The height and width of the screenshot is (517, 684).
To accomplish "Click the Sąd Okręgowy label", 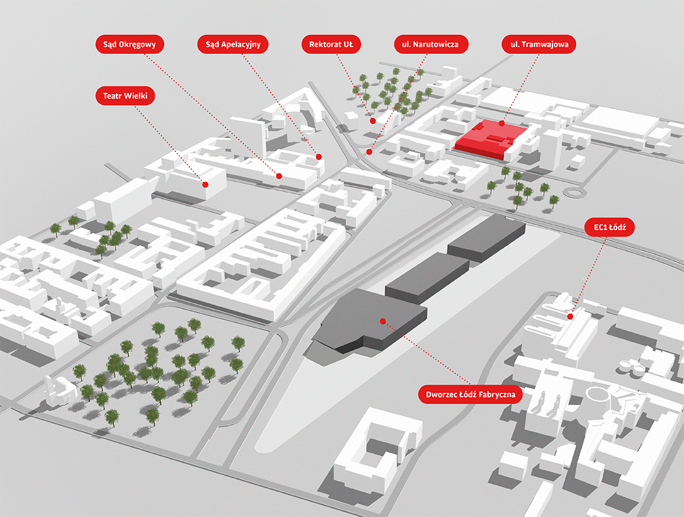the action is coord(130,44).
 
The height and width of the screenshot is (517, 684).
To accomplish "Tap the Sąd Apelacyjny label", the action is coord(233,44).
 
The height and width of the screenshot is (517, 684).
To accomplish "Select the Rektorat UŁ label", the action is coord(331,44).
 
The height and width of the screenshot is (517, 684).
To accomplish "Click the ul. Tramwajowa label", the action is coord(539,44).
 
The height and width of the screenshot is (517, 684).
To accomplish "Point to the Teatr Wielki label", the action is coord(125,96).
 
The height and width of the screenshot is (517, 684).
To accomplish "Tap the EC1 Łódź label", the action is coord(609,227).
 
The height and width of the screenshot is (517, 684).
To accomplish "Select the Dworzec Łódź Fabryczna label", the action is coord(470,395).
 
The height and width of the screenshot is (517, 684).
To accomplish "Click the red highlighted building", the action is coord(490,138).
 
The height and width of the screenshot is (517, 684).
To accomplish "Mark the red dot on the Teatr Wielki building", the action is coord(206,184).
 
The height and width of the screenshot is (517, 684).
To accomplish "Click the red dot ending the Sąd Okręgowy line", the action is coord(279,176).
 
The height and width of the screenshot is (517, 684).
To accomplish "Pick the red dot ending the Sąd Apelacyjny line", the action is coord(319,157).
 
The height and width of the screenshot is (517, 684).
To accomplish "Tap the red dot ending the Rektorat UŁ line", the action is coord(373,121).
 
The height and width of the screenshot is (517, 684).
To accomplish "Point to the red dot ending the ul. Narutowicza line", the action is coord(369,152).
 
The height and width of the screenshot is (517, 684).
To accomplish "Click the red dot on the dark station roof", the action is coord(382,321).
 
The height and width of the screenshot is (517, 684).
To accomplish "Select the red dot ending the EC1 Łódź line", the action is coord(570,316).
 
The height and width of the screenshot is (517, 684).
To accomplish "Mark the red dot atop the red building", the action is coord(502,123).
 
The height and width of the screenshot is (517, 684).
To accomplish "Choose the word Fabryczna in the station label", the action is coord(497,395).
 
